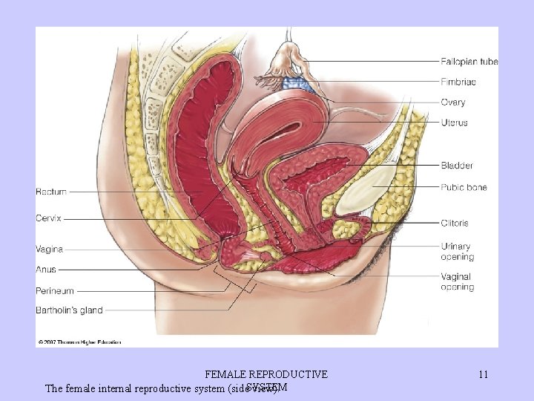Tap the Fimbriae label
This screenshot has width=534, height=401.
click(x=458, y=82)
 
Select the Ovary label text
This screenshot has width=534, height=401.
click(x=453, y=102)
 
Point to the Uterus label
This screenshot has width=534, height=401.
click(x=454, y=123)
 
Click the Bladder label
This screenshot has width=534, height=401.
click(x=457, y=166)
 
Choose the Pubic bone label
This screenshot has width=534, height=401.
click(x=464, y=187)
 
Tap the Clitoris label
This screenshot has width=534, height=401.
click(x=455, y=223)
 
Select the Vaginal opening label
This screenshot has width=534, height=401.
click(x=457, y=282)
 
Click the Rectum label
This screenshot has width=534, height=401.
click(x=51, y=192)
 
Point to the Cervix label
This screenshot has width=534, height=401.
click(x=48, y=218)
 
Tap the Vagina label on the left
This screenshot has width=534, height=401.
click(x=49, y=250)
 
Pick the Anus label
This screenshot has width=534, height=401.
click(x=45, y=270)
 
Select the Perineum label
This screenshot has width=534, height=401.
click(x=55, y=290)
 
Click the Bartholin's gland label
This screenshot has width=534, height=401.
click(x=69, y=310)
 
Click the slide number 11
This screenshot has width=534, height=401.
click(x=483, y=375)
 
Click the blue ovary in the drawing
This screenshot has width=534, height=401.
click(x=297, y=84)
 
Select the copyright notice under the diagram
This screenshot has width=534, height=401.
click(x=79, y=342)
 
